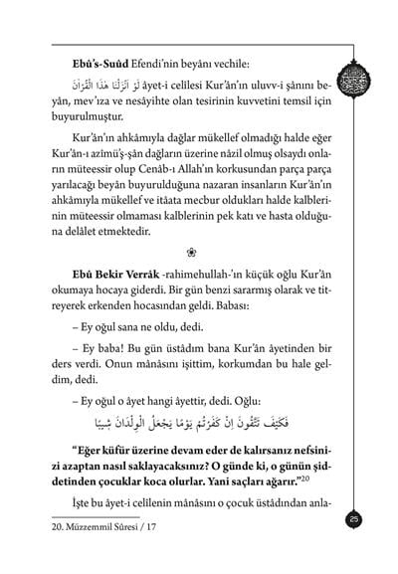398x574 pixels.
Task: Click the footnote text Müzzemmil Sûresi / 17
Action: pos(104,554)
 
